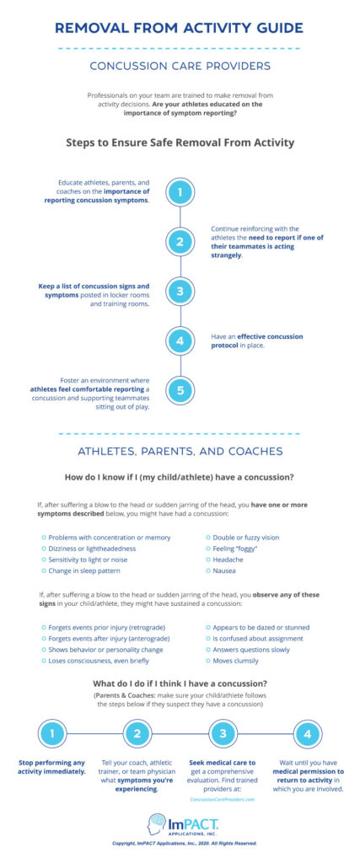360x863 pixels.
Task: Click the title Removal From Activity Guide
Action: [180, 28]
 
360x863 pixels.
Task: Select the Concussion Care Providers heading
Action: [180, 66]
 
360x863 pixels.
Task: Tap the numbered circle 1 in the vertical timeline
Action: [180, 192]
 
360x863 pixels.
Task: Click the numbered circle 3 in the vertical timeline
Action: [180, 292]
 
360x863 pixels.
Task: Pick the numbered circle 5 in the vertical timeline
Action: [180, 391]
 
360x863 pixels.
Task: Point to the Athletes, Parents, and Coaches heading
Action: [180, 451]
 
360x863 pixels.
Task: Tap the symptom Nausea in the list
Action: [224, 571]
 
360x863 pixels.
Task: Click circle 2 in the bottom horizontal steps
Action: [137, 734]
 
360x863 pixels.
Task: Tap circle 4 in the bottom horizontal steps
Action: [306, 734]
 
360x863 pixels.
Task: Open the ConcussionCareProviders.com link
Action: [222, 800]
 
